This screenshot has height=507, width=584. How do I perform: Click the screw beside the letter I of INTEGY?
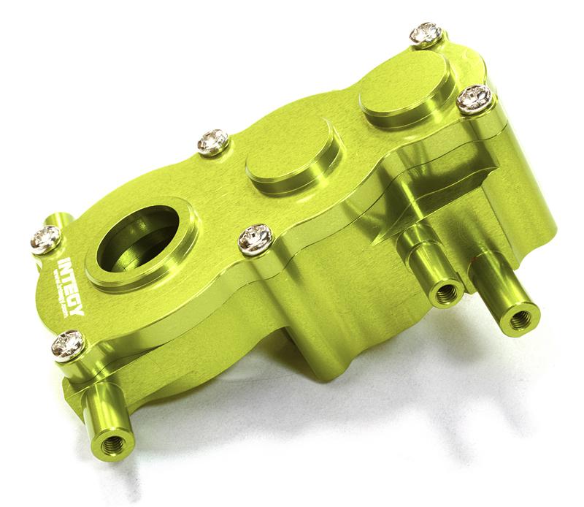click(x=46, y=238)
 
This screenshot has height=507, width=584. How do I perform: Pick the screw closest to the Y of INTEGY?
click(x=68, y=343)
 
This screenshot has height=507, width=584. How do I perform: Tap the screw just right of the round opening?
click(x=255, y=237)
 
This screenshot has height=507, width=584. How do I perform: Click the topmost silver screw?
click(x=426, y=34)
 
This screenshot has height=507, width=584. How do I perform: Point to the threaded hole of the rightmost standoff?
click(x=520, y=319)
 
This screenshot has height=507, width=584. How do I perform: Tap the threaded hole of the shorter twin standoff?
click(x=444, y=294)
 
